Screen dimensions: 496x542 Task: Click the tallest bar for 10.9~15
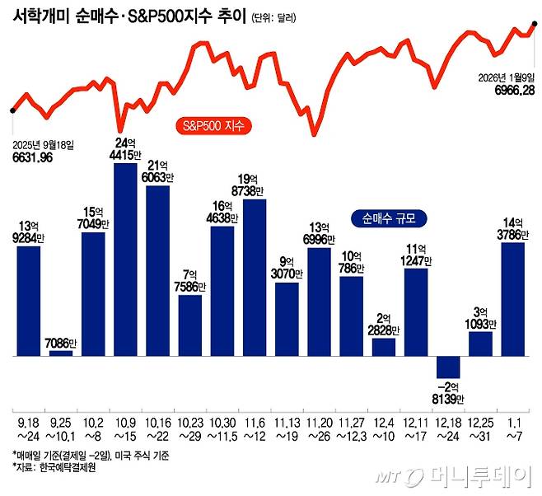pyautogui.click(x=125, y=260)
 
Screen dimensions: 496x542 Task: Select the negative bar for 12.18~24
pyautogui.click(x=448, y=367)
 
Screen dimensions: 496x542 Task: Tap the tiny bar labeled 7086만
pyautogui.click(x=61, y=353)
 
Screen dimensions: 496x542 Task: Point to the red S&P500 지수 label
pyautogui.click(x=213, y=127)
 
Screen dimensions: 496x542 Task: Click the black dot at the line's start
pyautogui.click(x=11, y=110)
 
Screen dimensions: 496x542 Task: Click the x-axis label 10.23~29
pyautogui.click(x=190, y=428)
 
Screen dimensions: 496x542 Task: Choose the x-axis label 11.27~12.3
pyautogui.click(x=352, y=428)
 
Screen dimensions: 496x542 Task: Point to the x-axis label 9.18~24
pyautogui.click(x=29, y=428)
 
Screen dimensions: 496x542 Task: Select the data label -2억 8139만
pyautogui.click(x=448, y=393)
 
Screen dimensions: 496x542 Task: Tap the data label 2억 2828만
pyautogui.click(x=384, y=324)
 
